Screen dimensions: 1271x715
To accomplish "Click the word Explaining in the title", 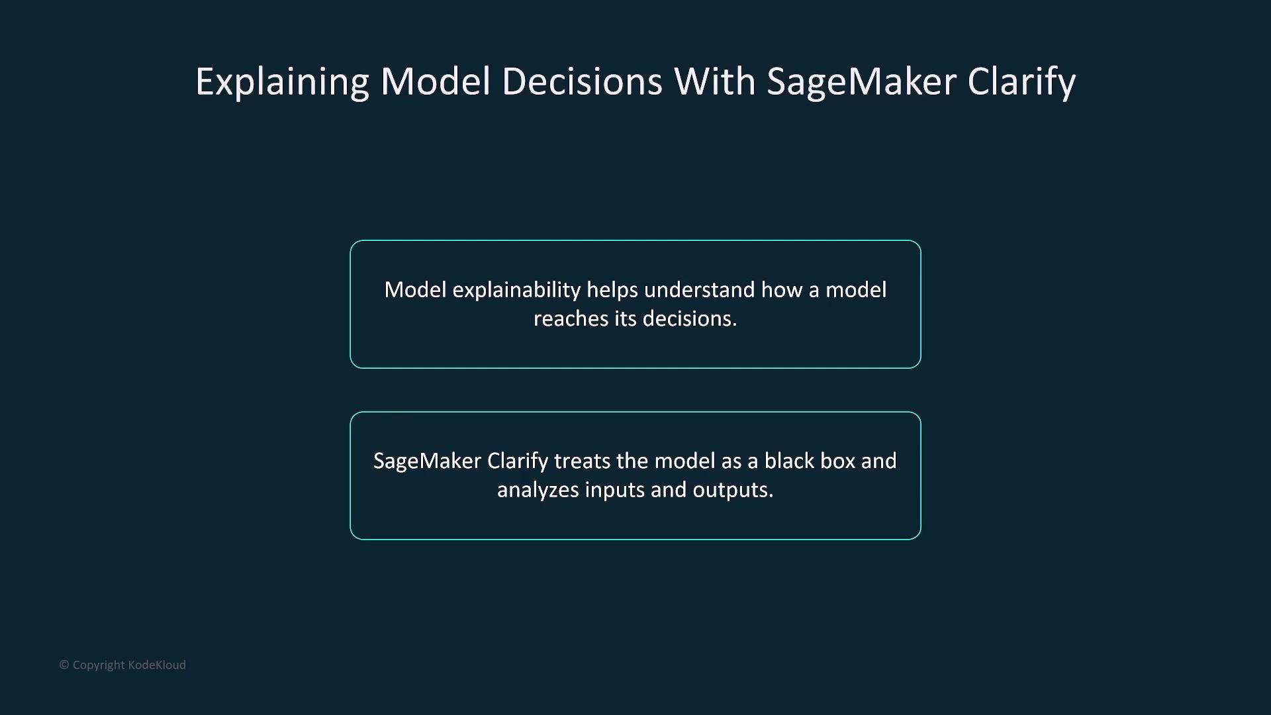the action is pyautogui.click(x=282, y=82).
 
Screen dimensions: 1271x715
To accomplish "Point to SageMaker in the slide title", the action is pyautogui.click(x=861, y=82).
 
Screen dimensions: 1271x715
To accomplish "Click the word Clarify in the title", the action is pyautogui.click(x=1021, y=82).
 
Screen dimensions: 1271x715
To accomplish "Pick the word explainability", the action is pyautogui.click(x=516, y=290).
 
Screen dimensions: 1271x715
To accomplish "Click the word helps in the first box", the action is pyautogui.click(x=612, y=290).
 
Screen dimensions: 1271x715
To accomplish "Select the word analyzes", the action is pyautogui.click(x=538, y=490).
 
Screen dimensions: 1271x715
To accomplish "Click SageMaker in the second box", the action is pyautogui.click(x=427, y=461).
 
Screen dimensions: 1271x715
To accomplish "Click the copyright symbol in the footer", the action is pyautogui.click(x=64, y=665).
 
